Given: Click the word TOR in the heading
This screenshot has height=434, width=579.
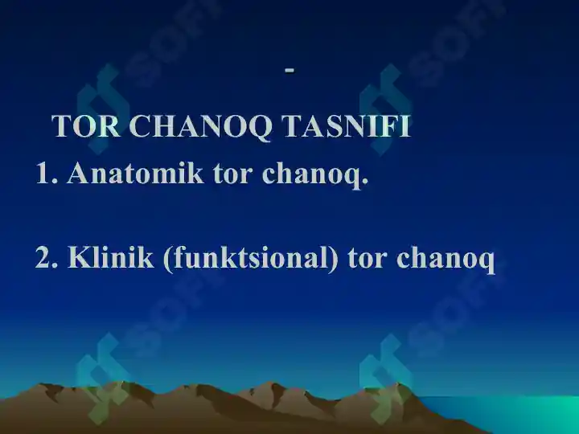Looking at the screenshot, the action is click(x=86, y=126).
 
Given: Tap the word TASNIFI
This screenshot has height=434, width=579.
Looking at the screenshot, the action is click(x=346, y=126).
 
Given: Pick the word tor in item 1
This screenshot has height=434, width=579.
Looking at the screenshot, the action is click(x=232, y=174).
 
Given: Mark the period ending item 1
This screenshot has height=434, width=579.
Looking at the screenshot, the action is click(x=365, y=181).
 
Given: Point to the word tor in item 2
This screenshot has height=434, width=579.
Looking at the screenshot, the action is click(x=367, y=258).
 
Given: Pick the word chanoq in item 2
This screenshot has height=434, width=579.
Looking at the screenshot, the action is click(x=446, y=259).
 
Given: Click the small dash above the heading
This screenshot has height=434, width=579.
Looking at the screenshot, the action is click(x=289, y=69).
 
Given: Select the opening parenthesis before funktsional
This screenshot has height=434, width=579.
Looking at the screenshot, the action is click(x=167, y=258).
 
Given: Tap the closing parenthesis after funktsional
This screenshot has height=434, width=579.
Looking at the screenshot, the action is click(x=334, y=258).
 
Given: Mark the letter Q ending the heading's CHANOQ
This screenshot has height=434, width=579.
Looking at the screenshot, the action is click(x=259, y=128).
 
